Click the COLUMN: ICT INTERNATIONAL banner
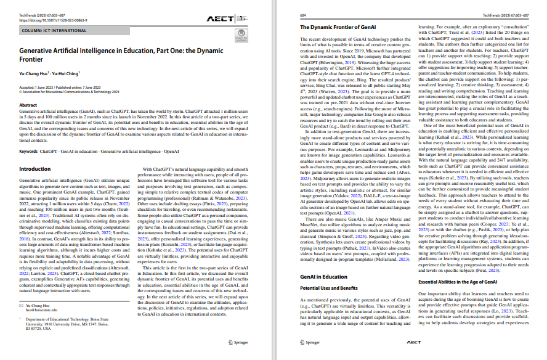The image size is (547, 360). tap(47, 30)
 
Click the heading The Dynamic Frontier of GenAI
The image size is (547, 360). tap(337, 28)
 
